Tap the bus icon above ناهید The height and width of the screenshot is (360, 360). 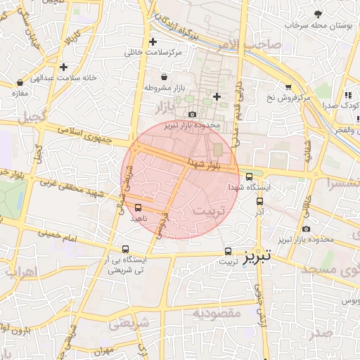(x=137, y=207)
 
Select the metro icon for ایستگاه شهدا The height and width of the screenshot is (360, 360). (x=249, y=177)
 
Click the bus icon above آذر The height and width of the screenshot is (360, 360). (x=259, y=200)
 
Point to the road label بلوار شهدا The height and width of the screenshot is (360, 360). (x=205, y=163)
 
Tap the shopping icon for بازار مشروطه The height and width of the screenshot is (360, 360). (x=164, y=77)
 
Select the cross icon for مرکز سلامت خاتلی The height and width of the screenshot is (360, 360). (x=153, y=42)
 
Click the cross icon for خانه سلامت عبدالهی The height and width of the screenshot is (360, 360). (x=63, y=67)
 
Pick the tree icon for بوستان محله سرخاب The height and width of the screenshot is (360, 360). (x=318, y=14)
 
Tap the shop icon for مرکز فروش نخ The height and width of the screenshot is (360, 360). (x=288, y=86)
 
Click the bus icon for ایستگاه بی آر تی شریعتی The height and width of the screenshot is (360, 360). (x=125, y=249)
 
